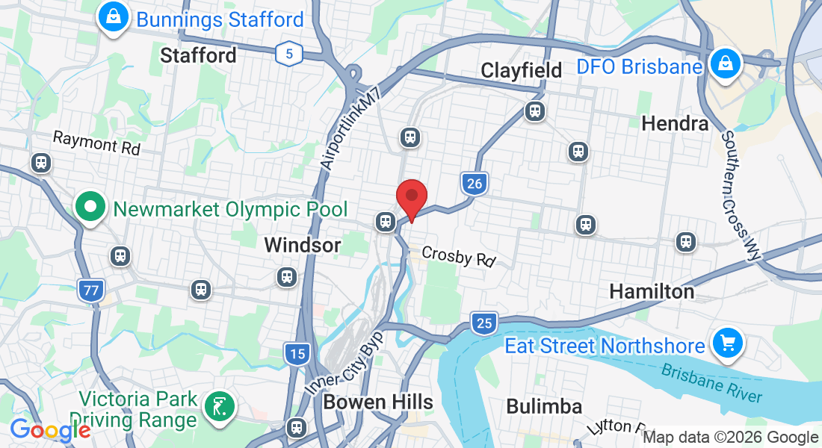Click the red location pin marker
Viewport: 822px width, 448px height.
[x=411, y=196]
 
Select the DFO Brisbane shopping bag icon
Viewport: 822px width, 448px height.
[x=724, y=65]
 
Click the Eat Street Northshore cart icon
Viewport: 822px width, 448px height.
[x=727, y=344]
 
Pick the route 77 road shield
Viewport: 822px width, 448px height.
[x=90, y=290]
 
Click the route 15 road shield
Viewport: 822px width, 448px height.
[x=297, y=353]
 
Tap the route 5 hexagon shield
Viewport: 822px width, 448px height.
[x=288, y=53]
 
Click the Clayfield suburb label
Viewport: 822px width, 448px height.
[x=522, y=71]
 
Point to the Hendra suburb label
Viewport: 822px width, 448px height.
[x=675, y=123]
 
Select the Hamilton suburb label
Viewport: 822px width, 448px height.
[x=652, y=290]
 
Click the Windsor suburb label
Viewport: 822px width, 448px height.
[x=303, y=245]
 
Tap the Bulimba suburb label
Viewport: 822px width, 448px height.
[x=544, y=406]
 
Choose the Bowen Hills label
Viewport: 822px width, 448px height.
[x=377, y=402]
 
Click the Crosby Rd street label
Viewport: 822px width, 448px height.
[x=459, y=256]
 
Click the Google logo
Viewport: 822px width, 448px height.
[x=49, y=431]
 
